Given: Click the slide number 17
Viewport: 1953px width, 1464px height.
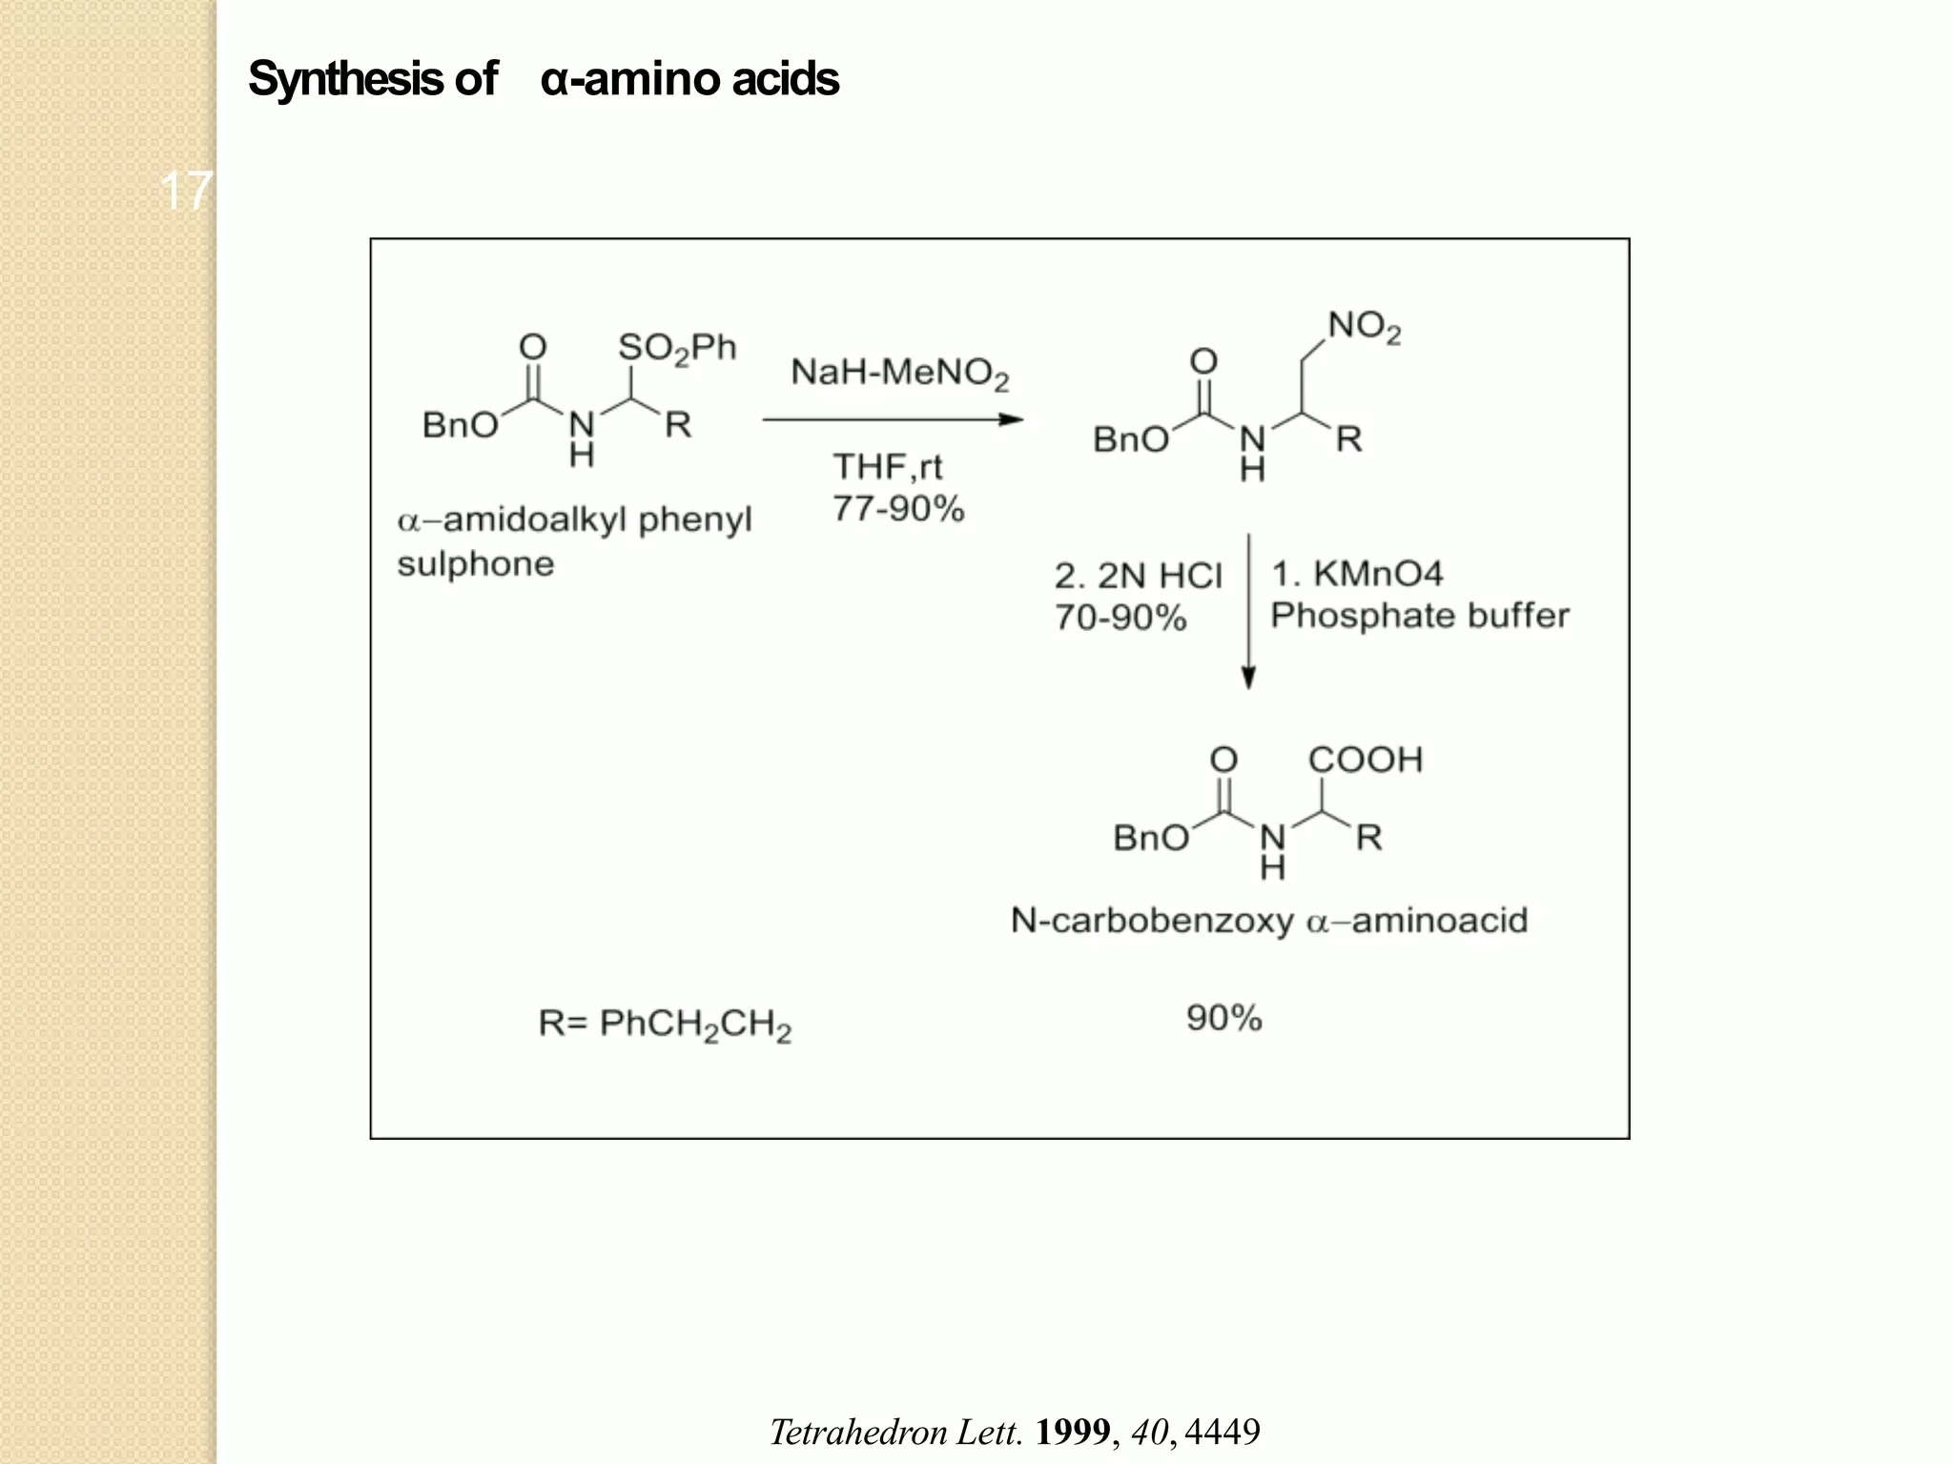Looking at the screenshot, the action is pos(186,191).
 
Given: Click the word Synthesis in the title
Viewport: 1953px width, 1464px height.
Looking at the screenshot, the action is pos(345,79).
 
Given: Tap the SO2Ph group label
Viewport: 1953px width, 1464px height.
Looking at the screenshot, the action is pos(677,348).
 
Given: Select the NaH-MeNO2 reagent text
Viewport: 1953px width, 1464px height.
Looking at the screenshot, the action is pos(899,373).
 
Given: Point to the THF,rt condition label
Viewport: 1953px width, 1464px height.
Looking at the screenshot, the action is pos(888,467).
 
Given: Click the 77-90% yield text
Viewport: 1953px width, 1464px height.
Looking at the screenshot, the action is pos(898,509).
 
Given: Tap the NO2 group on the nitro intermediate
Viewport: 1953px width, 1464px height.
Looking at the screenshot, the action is pos(1365,327).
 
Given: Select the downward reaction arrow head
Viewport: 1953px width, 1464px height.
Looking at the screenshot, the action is pos(1248,677).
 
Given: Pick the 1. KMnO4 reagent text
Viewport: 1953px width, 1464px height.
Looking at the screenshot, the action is pos(1357,574).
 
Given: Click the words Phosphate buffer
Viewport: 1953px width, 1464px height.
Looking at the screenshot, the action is pos(1420,616).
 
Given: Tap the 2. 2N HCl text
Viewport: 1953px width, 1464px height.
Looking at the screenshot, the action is pos(1138,576).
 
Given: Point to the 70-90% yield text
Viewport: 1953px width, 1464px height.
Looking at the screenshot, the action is pos(1120,618).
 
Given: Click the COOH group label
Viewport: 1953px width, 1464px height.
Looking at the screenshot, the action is pos(1366,760).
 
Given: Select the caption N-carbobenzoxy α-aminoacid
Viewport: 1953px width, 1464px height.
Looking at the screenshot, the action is pos(1269,921).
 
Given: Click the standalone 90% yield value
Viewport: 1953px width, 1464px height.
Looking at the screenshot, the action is pos(1224,1018).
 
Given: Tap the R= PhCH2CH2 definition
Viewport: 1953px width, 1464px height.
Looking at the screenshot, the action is pos(665,1026).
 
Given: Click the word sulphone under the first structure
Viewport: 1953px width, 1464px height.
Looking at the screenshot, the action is pos(476,564).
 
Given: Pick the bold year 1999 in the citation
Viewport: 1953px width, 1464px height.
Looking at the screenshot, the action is pos(1073,1432).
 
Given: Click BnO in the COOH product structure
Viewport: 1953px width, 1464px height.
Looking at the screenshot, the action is pos(1151,838).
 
